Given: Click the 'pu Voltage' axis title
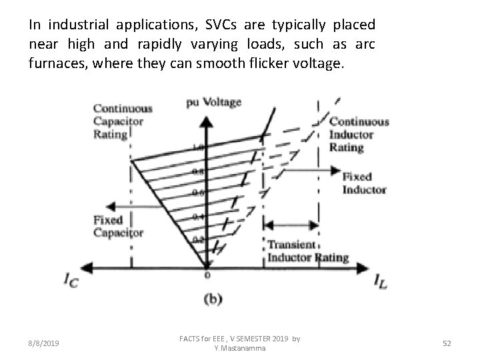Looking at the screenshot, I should point(213,102).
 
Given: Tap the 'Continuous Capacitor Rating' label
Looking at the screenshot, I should point(122,121).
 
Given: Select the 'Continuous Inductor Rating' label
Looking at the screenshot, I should point(359,134).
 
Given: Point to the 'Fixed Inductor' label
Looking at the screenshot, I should point(365,183).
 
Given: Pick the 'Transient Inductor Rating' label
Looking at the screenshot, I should point(308,251).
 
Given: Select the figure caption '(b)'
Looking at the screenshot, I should point(212,300).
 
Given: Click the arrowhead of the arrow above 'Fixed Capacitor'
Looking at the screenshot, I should point(98,205).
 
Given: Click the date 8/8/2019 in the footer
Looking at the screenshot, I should point(44,343).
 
